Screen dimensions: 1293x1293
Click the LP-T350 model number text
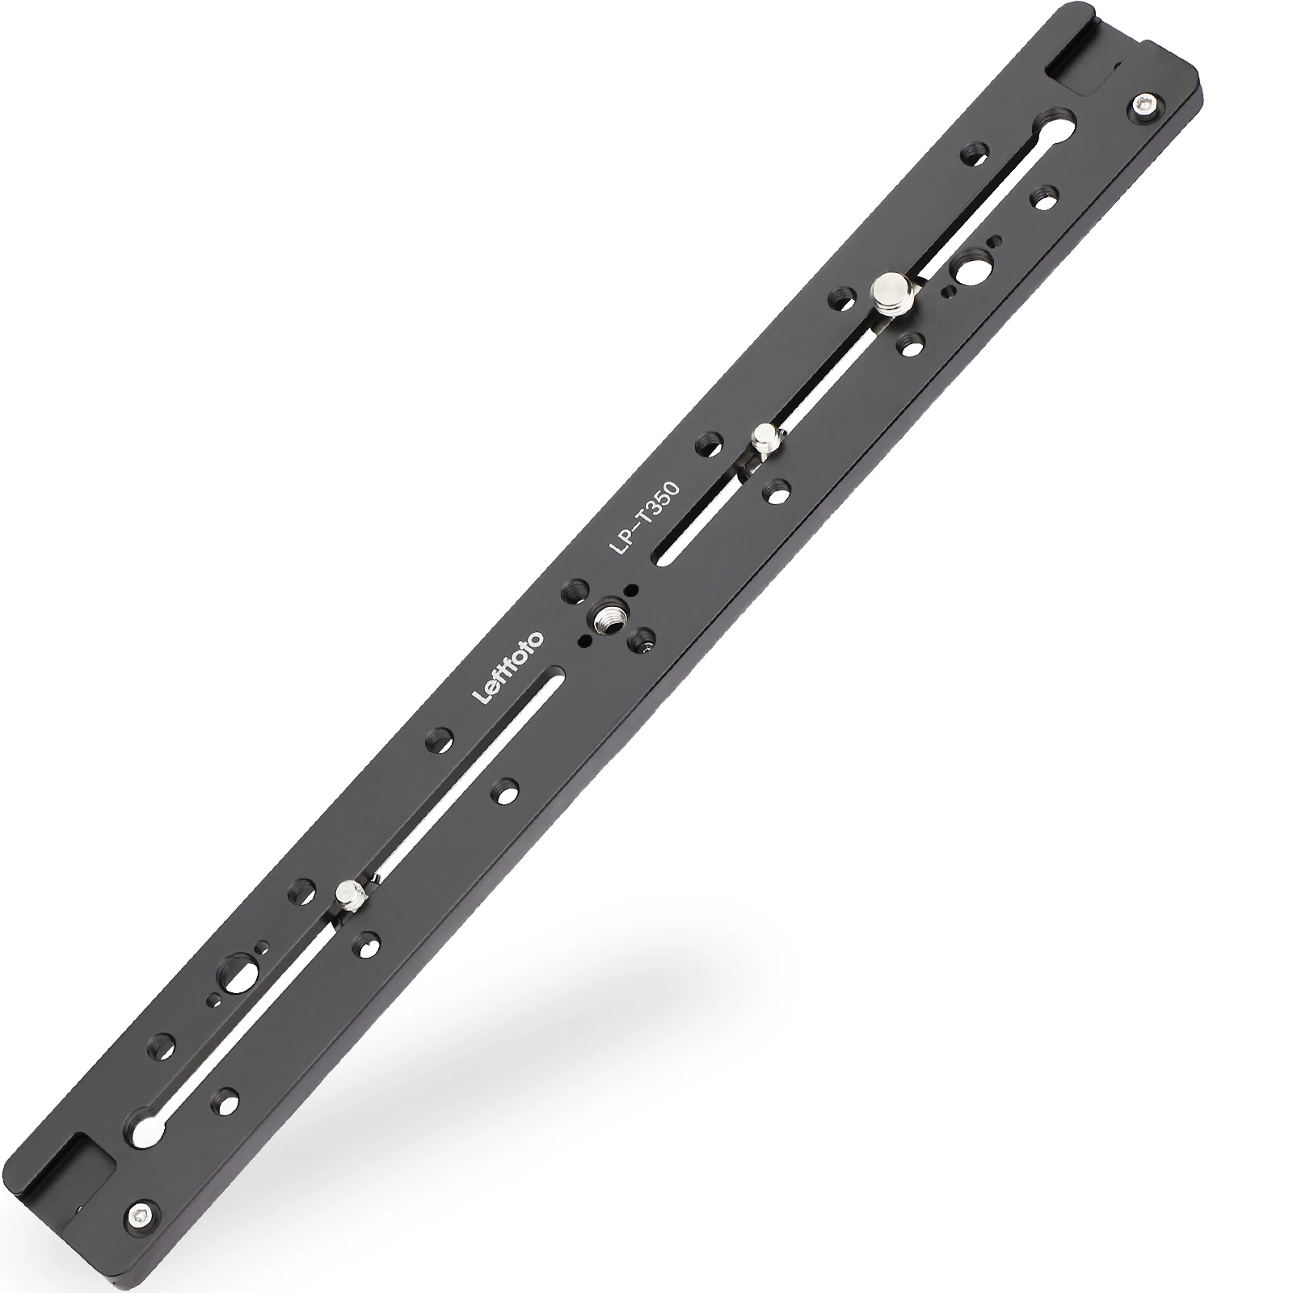coord(646,518)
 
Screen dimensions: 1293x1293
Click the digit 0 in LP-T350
coord(672,490)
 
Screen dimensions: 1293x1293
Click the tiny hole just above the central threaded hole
coord(631,589)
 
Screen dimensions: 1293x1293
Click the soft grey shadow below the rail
coord(687,1051)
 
